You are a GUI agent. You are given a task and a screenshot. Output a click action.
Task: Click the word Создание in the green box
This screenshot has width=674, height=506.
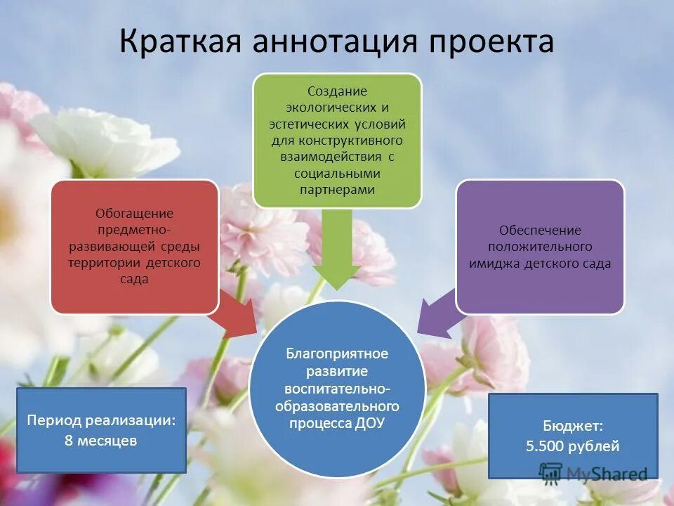click(337, 92)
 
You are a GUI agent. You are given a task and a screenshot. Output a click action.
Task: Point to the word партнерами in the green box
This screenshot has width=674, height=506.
click(337, 190)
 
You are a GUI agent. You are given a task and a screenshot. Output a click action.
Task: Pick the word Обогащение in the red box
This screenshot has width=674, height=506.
click(134, 214)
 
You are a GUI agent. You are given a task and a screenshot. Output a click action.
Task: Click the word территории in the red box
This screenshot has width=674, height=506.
click(106, 262)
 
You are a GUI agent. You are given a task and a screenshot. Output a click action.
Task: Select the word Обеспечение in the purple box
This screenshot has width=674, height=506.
click(540, 231)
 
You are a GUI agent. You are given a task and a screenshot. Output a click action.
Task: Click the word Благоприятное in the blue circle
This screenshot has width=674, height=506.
click(337, 353)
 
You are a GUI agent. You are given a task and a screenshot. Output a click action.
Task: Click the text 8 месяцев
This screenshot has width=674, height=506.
click(101, 441)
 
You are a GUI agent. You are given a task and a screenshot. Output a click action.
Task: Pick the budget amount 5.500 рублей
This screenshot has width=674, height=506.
click(572, 446)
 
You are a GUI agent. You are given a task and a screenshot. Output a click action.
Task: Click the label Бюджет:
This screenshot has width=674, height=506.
click(572, 425)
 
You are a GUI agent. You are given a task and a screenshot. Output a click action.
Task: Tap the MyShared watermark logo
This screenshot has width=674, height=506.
click(593, 474)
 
